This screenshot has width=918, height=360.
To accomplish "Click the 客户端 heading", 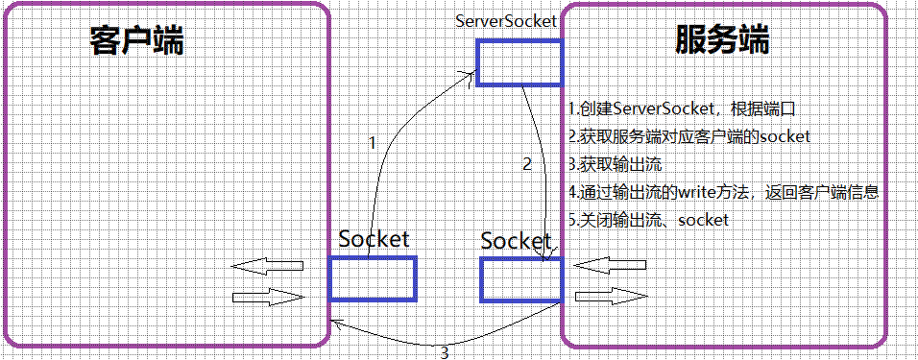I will (x=136, y=41).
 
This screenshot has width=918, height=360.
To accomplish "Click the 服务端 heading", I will (x=722, y=41).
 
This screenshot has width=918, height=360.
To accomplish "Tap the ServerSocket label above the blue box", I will (x=507, y=20).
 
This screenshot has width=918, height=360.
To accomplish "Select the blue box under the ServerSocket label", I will (x=519, y=62).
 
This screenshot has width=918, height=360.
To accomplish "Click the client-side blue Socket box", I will (x=373, y=278).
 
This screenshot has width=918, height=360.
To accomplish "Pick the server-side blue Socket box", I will (x=521, y=278).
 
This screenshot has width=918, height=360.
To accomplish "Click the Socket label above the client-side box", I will (x=374, y=239).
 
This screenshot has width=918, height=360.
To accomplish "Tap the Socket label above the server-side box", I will (x=516, y=240).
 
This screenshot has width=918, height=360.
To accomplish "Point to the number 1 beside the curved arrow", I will (x=373, y=143).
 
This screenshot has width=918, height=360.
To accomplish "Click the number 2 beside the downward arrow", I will (x=526, y=164).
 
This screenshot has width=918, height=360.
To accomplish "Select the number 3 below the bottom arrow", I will (x=444, y=352).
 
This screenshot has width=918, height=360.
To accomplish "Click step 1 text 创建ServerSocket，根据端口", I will (x=682, y=108).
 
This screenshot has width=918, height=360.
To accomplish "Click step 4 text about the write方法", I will (x=722, y=192).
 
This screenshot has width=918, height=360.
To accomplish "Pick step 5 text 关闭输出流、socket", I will (x=648, y=220).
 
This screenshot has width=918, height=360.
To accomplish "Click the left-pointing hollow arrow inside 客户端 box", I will (x=267, y=265).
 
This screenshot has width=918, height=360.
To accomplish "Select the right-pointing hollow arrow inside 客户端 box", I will (x=267, y=297).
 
